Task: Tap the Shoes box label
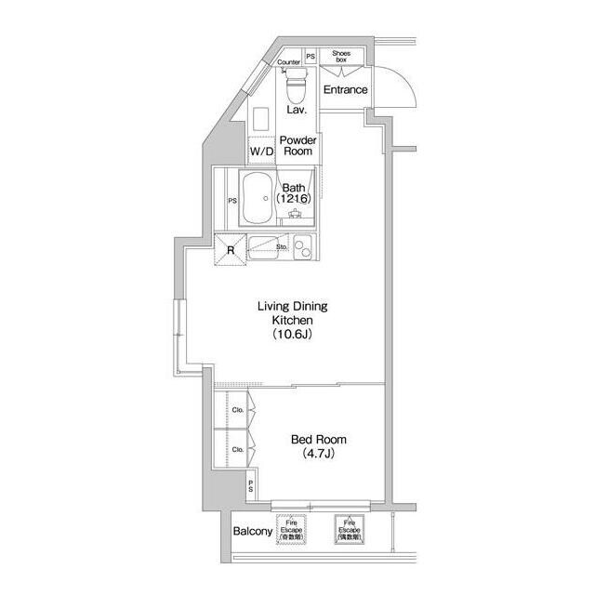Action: point(341,57)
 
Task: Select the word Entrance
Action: point(345,90)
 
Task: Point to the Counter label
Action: point(289,61)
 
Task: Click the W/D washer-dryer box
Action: point(261,151)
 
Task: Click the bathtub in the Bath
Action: point(258,198)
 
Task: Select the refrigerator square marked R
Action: point(230,248)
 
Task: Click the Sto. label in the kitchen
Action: point(282,247)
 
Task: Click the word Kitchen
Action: point(291,319)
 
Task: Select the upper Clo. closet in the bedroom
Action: point(237,410)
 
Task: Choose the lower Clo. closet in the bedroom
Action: point(237,449)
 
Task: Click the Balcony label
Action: point(252,532)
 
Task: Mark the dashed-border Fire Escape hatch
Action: point(291,531)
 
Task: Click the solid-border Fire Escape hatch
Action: point(350,531)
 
